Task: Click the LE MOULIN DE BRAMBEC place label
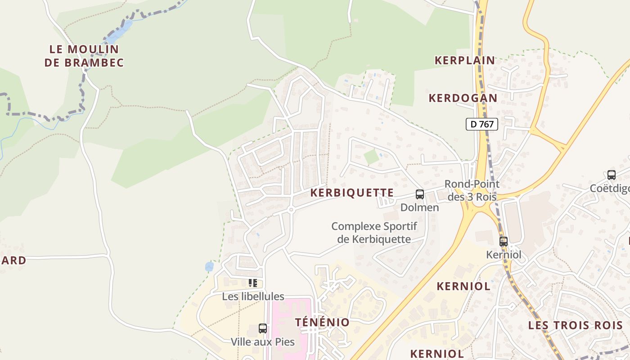pos(84,56)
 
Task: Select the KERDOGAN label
pos(463,98)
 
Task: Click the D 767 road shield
pos(481,124)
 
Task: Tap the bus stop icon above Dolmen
pos(419,194)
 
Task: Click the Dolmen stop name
pos(419,207)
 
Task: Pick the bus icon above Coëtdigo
pos(611,175)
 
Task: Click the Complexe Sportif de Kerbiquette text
pos(374,233)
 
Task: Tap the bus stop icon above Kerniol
pos(503,242)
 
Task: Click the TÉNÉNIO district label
pos(322,322)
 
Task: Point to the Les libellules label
pos(253,297)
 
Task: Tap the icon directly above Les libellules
pos(253,283)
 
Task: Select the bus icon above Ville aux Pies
pos(263,328)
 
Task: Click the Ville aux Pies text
pos(263,342)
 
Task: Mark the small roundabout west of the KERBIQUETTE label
pos(291,209)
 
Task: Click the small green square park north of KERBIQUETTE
pos(371,157)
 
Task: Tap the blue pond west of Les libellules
pos(209,267)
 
